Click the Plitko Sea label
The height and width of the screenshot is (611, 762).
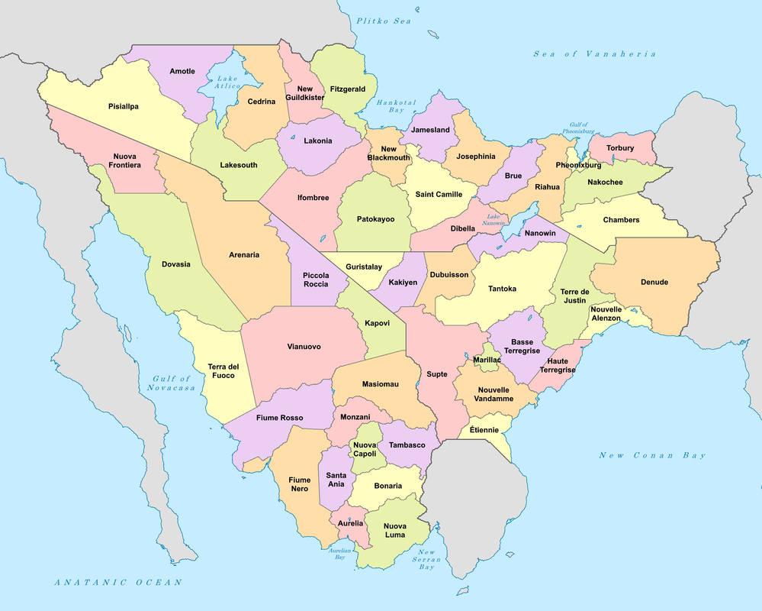coord(383,21)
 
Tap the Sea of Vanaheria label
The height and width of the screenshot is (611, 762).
coord(594,53)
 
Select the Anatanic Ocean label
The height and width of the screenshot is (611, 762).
coord(118,582)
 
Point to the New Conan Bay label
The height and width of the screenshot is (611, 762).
coord(652,456)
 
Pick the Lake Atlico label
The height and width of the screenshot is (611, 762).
coord(227,82)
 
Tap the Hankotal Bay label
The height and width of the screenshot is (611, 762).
coord(396,106)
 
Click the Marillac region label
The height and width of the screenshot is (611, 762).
coord(487,359)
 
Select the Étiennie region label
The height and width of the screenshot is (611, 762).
coord(484,430)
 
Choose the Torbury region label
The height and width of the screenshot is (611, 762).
coord(620,148)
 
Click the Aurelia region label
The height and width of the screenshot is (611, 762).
coord(350,523)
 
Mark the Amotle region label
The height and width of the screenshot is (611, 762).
coord(182,71)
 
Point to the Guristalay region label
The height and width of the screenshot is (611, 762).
coord(364,267)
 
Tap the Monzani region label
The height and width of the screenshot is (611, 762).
coord(355,417)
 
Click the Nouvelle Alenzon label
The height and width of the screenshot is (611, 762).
coord(606,313)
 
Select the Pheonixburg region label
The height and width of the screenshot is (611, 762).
coord(578,165)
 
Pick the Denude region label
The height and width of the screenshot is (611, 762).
coord(654,282)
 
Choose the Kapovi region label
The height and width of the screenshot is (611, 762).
coord(377,323)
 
